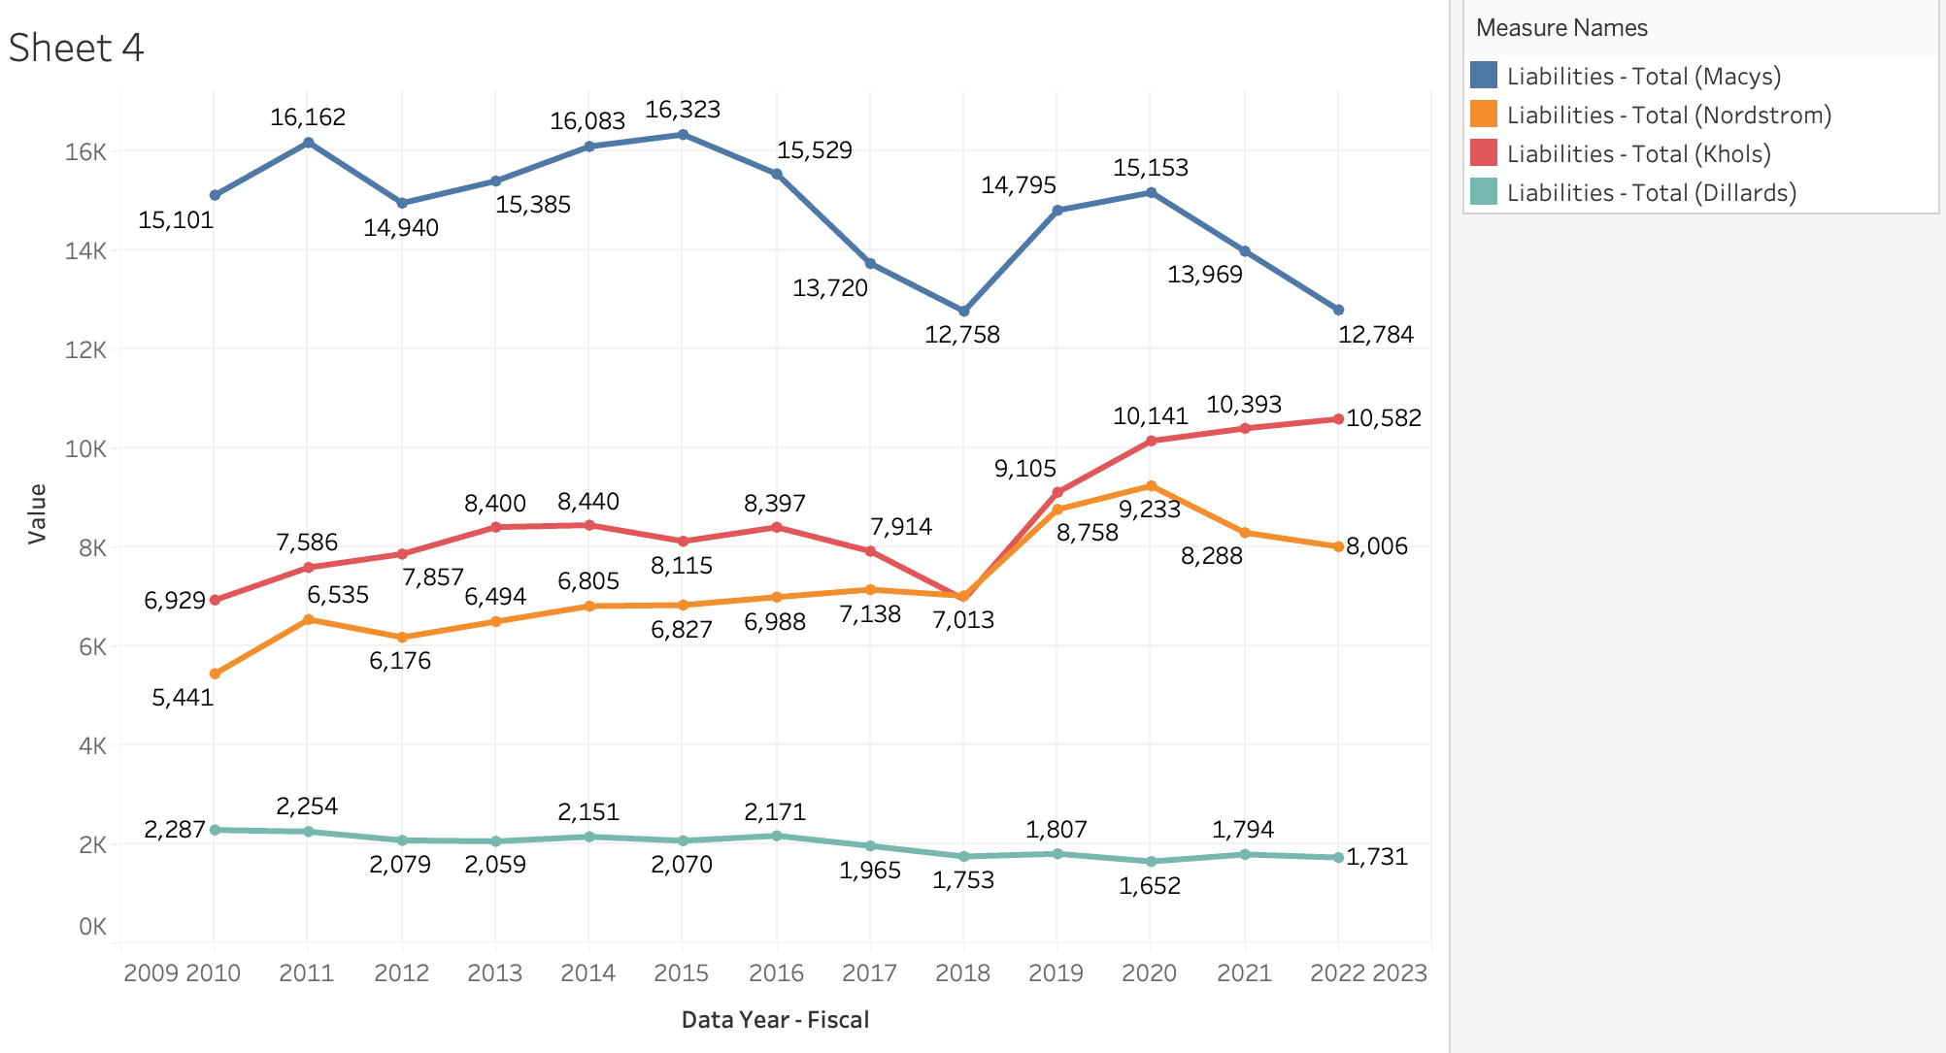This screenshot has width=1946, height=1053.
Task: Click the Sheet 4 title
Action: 76,48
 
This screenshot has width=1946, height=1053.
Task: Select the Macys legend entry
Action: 1643,77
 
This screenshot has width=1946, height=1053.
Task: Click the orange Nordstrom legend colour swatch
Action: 1484,115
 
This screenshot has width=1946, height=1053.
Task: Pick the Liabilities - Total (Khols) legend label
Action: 1638,154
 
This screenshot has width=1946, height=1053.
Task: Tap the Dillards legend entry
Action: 1651,193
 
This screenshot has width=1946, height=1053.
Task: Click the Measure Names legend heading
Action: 1561,28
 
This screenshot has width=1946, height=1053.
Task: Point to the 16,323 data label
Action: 683,110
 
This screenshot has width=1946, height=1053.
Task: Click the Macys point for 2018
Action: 963,311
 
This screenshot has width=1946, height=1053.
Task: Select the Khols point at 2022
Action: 1338,419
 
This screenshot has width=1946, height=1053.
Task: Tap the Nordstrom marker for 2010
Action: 215,674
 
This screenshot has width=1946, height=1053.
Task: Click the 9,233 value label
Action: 1150,510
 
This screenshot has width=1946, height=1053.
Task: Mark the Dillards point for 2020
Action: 1151,862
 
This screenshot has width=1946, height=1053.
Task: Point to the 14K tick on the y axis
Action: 85,251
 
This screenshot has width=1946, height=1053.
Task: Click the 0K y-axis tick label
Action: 92,927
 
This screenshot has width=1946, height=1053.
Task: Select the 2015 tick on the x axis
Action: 682,973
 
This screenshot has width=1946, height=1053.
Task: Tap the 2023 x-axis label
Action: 1399,973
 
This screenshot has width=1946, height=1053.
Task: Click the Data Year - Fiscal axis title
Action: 775,1020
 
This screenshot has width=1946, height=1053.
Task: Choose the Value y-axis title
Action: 37,513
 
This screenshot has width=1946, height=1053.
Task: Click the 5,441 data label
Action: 183,698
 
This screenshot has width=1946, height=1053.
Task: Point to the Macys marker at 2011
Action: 308,143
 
